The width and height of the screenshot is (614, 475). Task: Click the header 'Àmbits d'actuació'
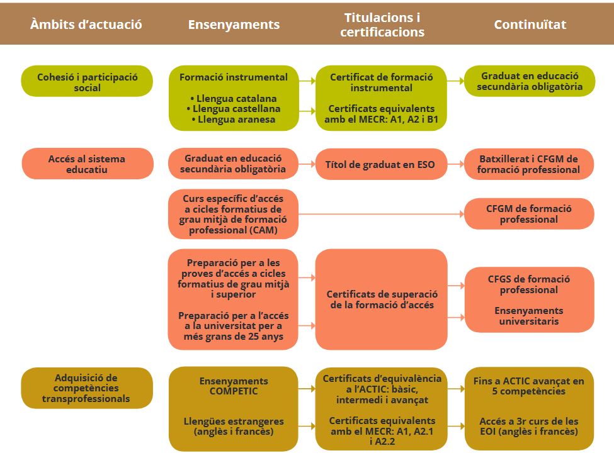[86, 25]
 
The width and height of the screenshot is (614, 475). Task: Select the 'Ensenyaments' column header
[234, 25]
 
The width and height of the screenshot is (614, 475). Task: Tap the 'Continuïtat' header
[530, 25]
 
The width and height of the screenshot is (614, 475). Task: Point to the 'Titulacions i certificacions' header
[382, 25]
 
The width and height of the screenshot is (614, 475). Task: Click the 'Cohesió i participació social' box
[87, 82]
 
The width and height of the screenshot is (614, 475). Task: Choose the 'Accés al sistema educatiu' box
[87, 164]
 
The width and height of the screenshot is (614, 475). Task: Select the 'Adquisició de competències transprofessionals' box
[86, 388]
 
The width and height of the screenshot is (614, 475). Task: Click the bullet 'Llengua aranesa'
[234, 119]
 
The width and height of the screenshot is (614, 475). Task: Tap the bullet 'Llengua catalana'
[234, 99]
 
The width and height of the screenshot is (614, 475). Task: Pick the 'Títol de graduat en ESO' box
[380, 165]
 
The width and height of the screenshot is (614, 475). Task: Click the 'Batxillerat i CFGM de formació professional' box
[529, 164]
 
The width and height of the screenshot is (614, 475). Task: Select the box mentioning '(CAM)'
[234, 215]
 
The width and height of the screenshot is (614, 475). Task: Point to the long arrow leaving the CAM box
[381, 214]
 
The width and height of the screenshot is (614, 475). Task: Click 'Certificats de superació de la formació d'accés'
[382, 299]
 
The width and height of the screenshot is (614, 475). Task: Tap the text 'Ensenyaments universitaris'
[529, 316]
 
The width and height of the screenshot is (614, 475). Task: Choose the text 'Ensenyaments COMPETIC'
[234, 386]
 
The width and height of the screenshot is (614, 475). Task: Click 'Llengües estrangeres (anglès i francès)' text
[234, 426]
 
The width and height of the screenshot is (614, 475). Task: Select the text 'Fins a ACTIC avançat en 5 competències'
[529, 386]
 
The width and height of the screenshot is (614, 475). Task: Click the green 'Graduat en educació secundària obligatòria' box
[530, 81]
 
